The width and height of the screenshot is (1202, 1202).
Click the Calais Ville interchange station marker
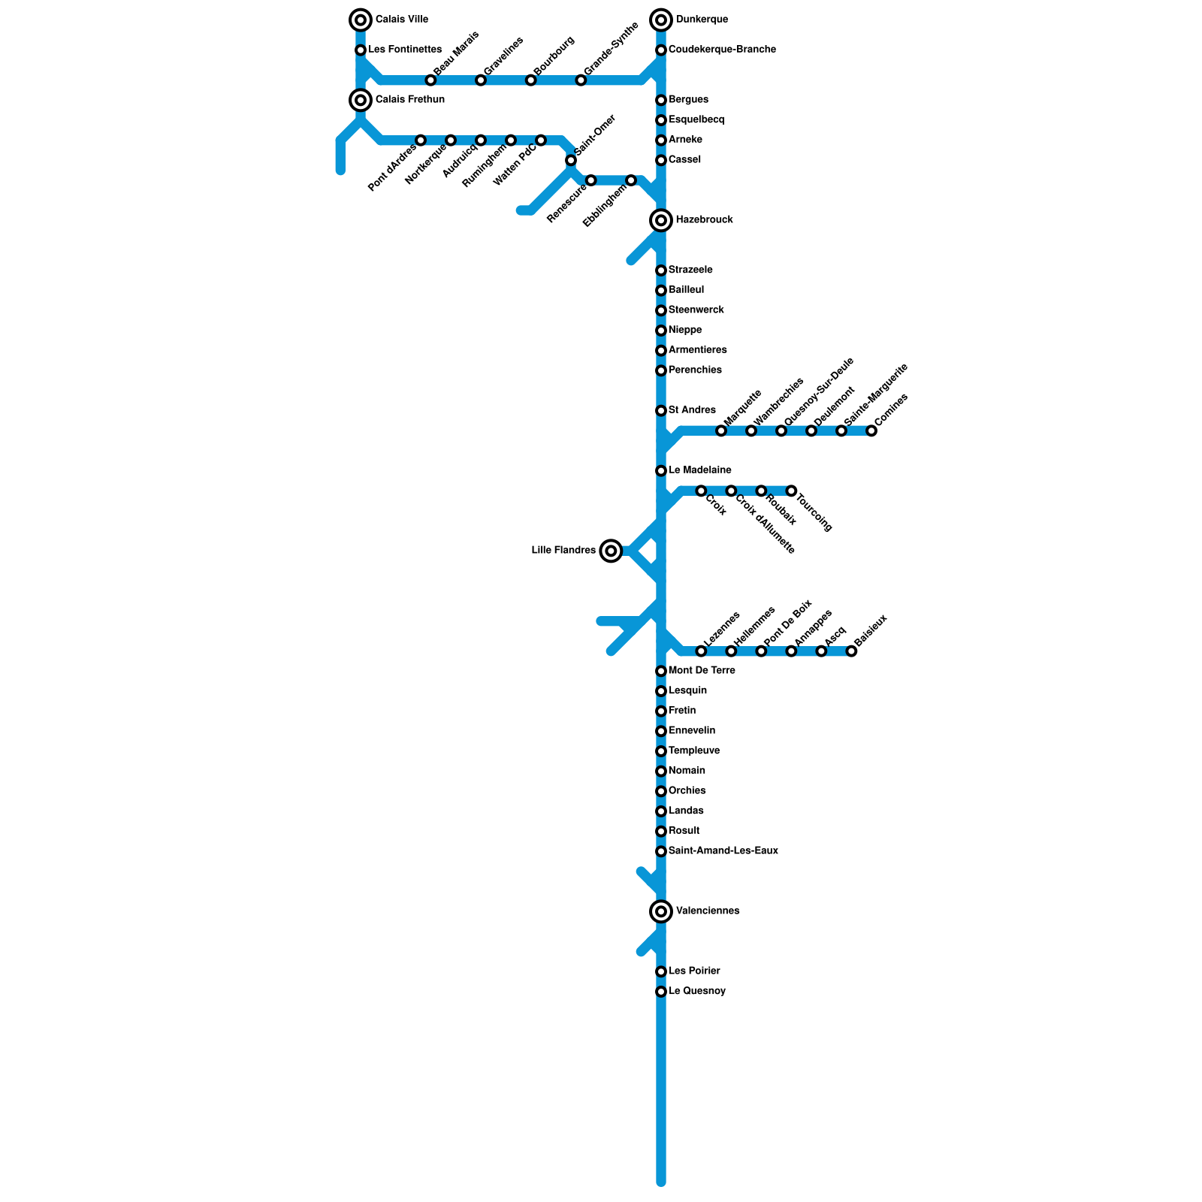tap(361, 20)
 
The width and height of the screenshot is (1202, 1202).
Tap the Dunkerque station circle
tap(661, 20)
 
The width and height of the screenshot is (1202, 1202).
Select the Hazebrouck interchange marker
tap(661, 220)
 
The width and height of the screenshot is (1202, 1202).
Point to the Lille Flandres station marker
tap(612, 551)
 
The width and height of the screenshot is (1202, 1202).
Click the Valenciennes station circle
tap(661, 911)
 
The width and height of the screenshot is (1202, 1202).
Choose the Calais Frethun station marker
tap(361, 100)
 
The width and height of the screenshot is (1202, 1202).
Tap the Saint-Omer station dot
tap(571, 160)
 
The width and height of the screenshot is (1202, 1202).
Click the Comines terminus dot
tap(871, 430)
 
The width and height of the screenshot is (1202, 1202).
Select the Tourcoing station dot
tap(791, 491)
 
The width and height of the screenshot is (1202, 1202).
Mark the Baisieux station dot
tap(851, 651)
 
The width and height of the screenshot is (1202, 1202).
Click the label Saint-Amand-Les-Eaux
tap(723, 850)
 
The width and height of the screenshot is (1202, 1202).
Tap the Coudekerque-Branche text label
tap(722, 50)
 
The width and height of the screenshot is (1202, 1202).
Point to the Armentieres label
tap(698, 349)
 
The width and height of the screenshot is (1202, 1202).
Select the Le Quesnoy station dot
tap(661, 992)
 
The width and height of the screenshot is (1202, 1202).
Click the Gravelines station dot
tap(481, 80)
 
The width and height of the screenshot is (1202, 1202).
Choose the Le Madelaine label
tap(700, 470)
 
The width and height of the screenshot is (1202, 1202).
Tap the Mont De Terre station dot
tap(661, 671)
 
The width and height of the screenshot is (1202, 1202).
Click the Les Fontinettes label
tap(405, 50)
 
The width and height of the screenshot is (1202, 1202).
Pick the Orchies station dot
tap(661, 791)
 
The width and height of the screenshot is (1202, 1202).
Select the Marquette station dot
tap(721, 430)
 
